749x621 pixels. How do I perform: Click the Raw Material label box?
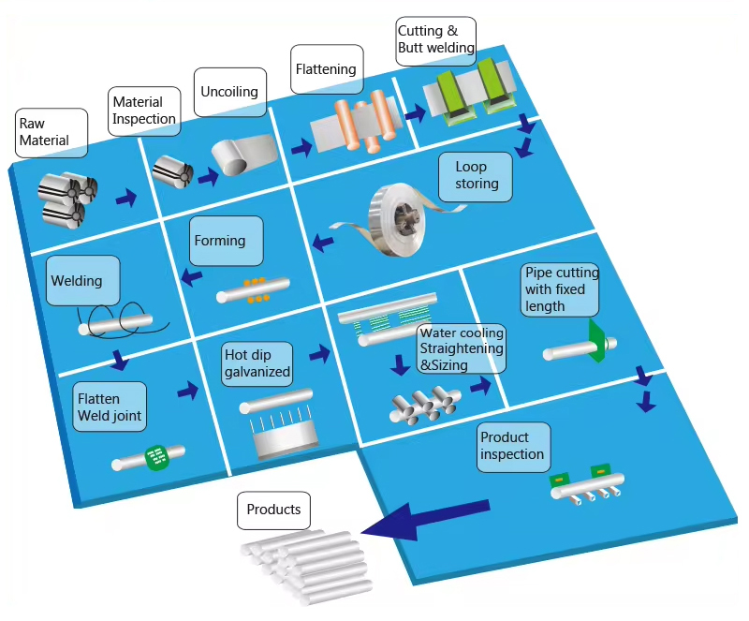51,133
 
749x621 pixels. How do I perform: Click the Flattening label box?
327,69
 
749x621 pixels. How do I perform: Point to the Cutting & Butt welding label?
436,40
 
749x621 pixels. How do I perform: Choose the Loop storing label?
476,176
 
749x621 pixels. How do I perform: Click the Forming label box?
225,242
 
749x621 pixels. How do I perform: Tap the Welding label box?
84,281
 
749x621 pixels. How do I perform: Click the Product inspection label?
514,447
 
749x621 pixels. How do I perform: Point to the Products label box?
273,510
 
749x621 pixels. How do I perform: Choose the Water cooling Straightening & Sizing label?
460,348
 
